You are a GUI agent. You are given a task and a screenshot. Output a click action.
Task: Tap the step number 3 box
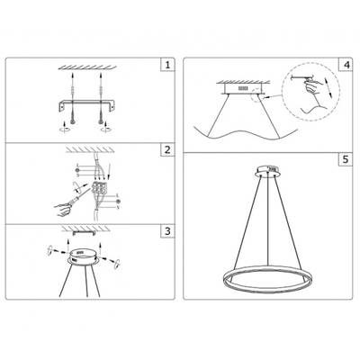(x=166, y=232)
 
